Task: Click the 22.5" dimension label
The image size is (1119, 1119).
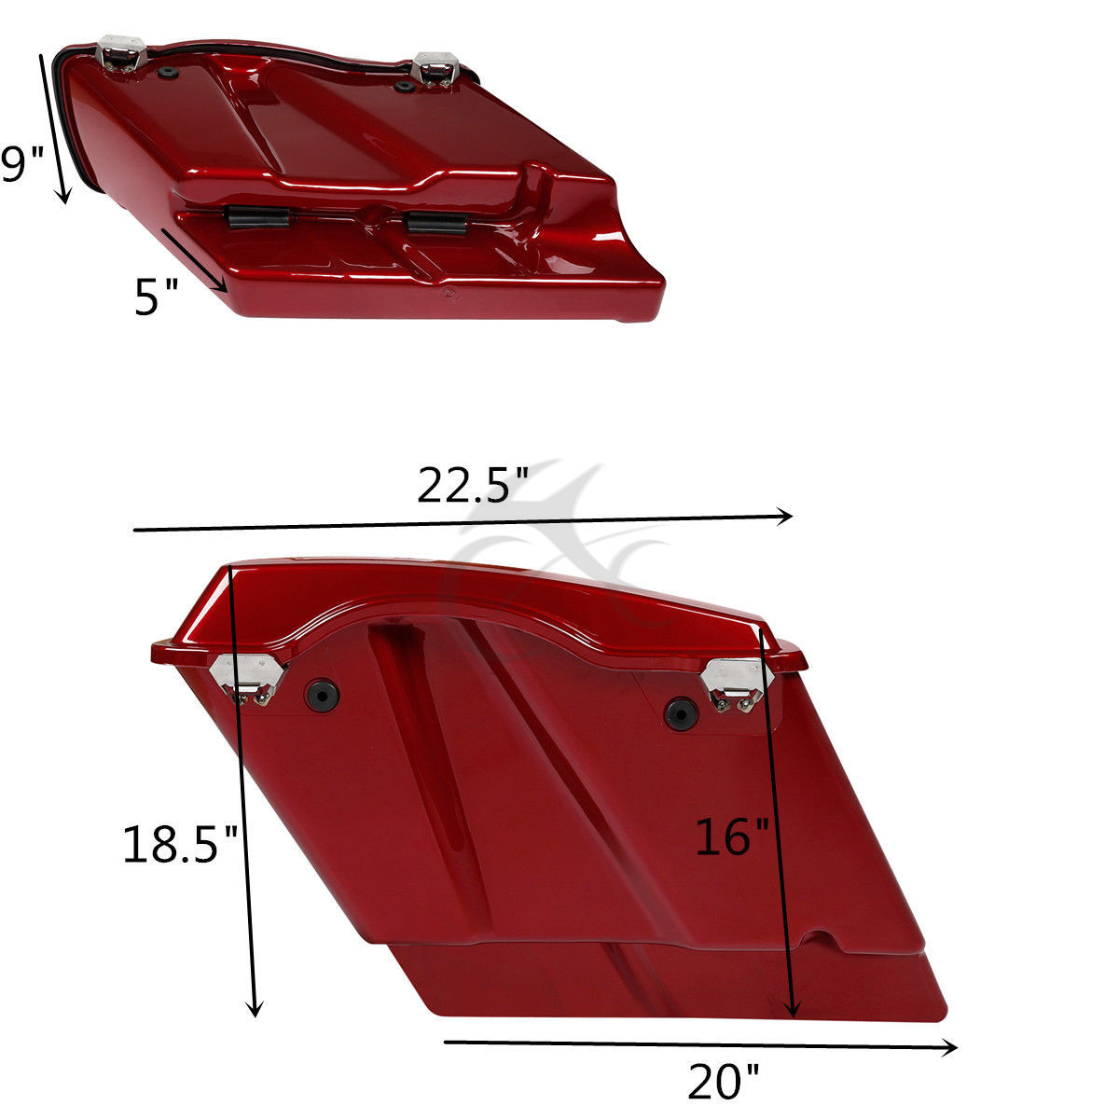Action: [x=472, y=486]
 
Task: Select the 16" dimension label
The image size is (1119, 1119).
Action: [x=733, y=836]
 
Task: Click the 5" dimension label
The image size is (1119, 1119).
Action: [x=155, y=297]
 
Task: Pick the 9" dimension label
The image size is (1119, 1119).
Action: [x=21, y=165]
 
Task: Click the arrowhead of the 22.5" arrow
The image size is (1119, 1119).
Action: [x=787, y=515]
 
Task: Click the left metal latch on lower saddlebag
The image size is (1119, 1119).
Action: [x=250, y=678]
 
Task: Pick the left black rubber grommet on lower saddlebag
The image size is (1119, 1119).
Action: [x=324, y=694]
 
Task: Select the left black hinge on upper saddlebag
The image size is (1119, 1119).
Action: [x=256, y=217]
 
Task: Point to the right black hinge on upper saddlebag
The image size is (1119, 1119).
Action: [x=435, y=223]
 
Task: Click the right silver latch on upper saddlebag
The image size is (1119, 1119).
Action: [x=434, y=69]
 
